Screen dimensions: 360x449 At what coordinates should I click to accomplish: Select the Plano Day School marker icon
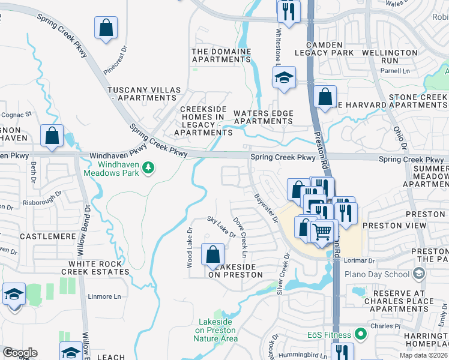[x=418, y=274]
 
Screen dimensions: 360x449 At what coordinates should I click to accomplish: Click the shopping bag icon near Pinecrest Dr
[x=106, y=28]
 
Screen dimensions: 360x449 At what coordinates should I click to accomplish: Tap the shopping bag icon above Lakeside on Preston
[x=212, y=255]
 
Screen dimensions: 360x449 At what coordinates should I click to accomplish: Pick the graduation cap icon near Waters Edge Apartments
[x=284, y=77]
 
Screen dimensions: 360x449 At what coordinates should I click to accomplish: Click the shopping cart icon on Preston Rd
[x=323, y=230]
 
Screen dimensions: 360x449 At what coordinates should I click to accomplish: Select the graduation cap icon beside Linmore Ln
[x=14, y=295]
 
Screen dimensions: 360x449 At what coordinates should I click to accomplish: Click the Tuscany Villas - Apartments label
[x=144, y=94]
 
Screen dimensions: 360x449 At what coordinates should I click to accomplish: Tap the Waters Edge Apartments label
[x=263, y=117]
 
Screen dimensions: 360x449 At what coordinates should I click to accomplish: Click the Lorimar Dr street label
[x=359, y=261]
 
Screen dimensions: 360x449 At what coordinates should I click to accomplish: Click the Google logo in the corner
[x=20, y=353]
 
